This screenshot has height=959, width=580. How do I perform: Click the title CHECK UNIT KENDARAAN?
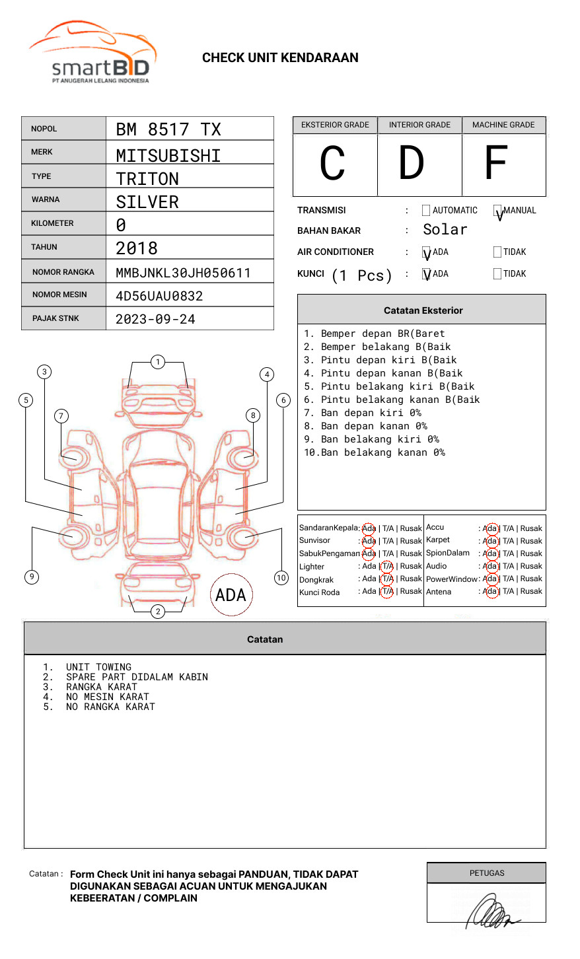click(x=280, y=58)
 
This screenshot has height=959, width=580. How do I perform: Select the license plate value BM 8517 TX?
click(x=168, y=129)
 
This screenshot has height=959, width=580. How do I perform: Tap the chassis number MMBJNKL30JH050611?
click(x=183, y=273)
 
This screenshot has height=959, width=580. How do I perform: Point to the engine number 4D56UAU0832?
click(x=159, y=296)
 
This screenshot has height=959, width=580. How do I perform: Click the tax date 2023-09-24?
click(x=155, y=319)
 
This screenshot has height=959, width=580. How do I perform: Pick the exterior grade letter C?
click(x=332, y=164)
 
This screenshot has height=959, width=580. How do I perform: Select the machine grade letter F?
click(x=495, y=163)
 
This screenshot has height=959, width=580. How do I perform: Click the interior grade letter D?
click(x=411, y=163)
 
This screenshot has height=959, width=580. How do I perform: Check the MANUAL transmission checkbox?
click(x=497, y=211)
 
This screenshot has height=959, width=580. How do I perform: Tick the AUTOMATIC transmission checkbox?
click(x=426, y=211)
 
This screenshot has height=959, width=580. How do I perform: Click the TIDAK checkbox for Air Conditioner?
click(x=497, y=252)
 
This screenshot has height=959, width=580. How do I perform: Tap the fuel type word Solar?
click(x=445, y=230)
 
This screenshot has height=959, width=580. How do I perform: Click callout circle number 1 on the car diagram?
click(x=157, y=362)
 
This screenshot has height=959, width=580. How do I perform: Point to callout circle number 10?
click(x=281, y=578)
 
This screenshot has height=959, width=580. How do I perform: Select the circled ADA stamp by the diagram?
click(x=231, y=595)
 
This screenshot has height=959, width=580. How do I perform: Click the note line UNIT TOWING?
click(x=98, y=667)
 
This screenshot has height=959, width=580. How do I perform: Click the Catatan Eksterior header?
click(x=423, y=310)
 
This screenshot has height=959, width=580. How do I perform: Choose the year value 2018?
click(x=137, y=248)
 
